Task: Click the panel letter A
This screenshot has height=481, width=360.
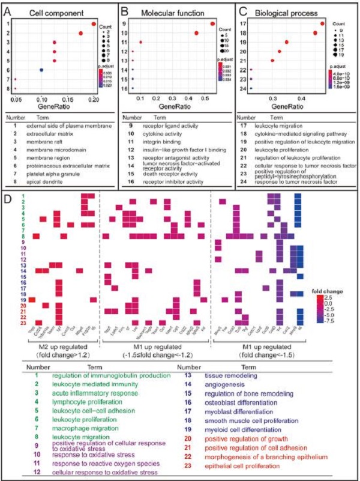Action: click(x=8, y=8)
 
